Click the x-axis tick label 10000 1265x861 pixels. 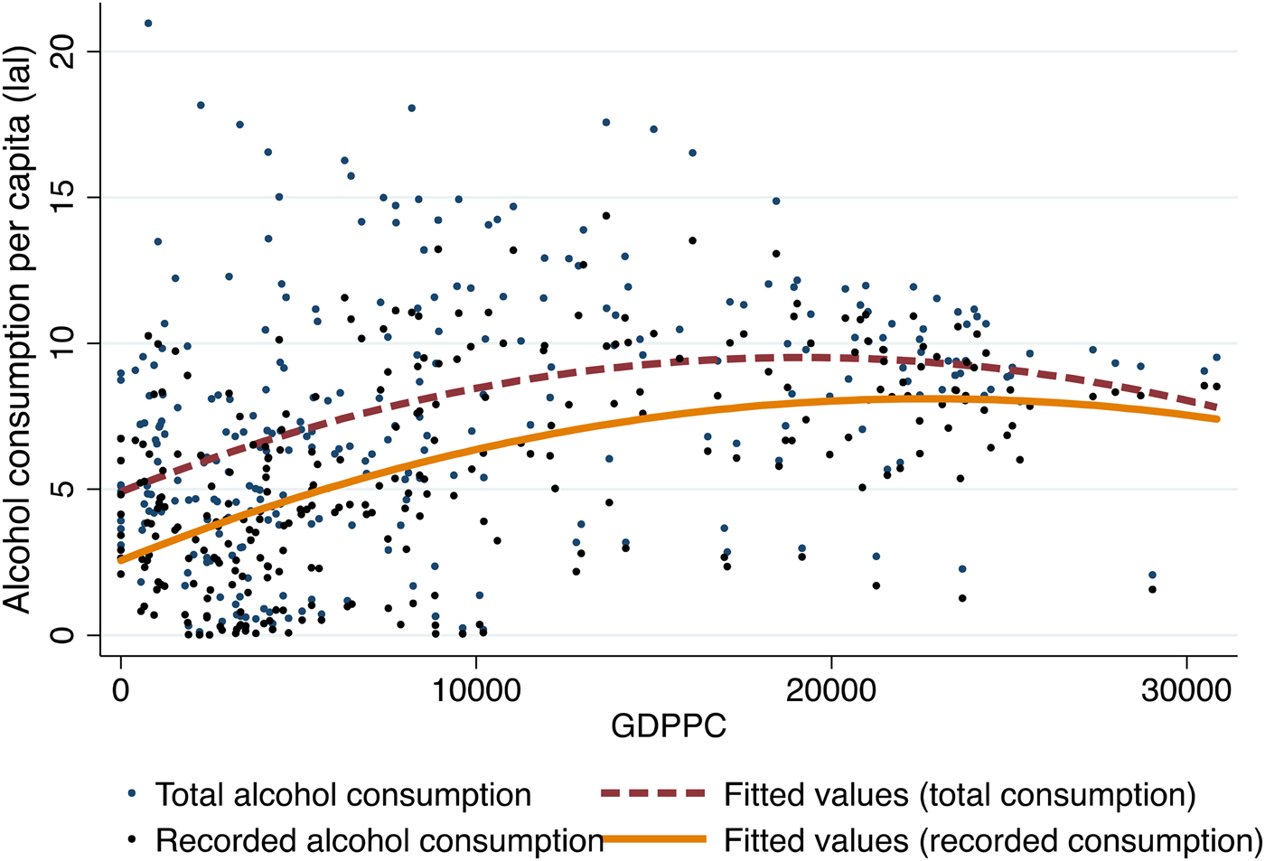[475, 691]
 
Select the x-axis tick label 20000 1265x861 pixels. [831, 691]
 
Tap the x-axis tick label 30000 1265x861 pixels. [1185, 691]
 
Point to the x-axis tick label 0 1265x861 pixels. [120, 691]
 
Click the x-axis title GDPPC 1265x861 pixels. [668, 726]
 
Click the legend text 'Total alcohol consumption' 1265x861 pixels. [343, 795]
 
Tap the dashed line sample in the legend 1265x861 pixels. [652, 793]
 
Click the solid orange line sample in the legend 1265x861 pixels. [652, 839]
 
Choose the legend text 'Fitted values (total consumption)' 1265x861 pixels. [960, 795]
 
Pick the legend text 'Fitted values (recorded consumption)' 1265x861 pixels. [992, 840]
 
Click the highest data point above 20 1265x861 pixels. [148, 23]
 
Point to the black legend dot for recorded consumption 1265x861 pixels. [133, 839]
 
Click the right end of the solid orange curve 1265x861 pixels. [1216, 418]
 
